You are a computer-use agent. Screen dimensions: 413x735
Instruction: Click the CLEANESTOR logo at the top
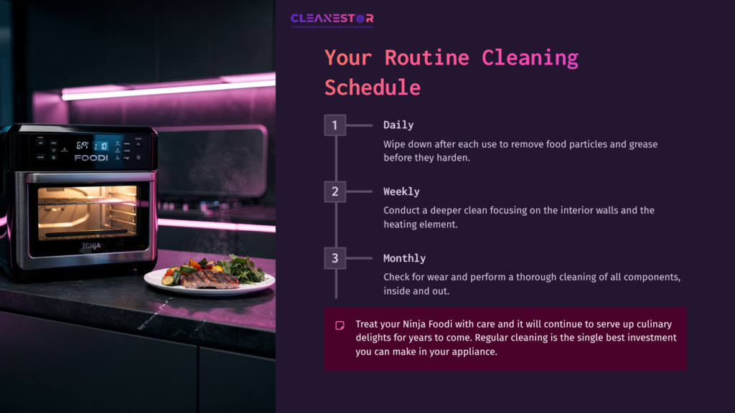coord(332,19)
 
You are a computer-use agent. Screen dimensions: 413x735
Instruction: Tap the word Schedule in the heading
coord(372,87)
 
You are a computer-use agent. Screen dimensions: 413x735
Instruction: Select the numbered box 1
coord(334,125)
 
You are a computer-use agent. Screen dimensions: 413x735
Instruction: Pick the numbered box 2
coord(334,191)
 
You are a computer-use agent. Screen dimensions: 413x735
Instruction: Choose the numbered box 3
coord(334,258)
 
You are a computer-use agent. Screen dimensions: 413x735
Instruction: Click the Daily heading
coord(398,125)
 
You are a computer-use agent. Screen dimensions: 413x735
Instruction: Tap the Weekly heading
coord(401,191)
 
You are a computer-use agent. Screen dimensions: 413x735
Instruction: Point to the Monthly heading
coord(404,258)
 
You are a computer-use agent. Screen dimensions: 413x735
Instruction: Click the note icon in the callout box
coord(340,326)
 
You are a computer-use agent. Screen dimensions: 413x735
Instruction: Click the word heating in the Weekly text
coord(402,224)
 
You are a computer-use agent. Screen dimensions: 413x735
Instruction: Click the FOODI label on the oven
coord(91,157)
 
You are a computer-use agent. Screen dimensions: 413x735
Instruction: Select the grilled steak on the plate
coord(209,278)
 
